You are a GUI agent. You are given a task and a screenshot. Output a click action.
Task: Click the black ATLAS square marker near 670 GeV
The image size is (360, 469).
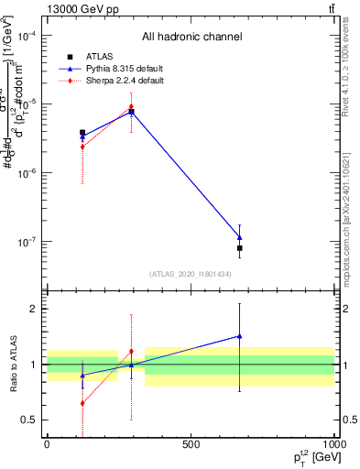coord(239,248)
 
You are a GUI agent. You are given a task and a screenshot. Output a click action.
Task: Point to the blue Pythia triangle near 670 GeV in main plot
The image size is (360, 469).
coord(239,238)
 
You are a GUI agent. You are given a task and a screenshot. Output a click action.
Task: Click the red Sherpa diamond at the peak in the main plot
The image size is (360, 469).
coord(131,106)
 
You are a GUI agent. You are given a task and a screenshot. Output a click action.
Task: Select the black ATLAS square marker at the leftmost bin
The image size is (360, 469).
coord(82,133)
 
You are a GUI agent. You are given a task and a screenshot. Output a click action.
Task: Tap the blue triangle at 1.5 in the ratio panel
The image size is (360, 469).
coord(239,336)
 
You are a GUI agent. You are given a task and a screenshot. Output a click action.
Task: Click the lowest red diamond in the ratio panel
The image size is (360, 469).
coord(82,403)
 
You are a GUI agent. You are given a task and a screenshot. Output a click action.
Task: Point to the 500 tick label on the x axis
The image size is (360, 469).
coord(190,443)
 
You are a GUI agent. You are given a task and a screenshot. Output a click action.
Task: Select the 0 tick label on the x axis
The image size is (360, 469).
coord(47,443)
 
